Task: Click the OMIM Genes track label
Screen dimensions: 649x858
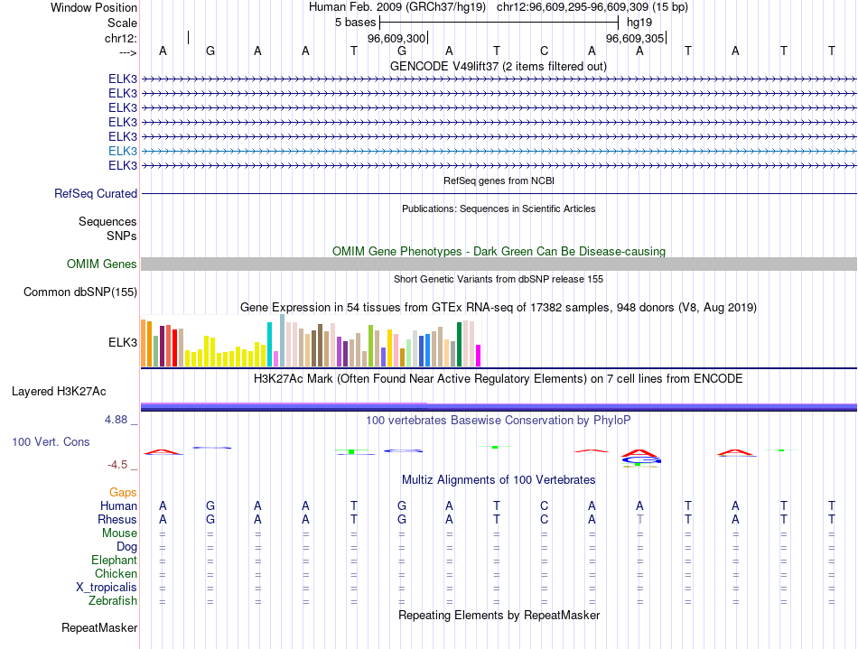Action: click(101, 264)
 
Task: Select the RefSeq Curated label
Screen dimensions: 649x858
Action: click(96, 193)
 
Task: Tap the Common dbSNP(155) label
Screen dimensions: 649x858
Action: click(80, 292)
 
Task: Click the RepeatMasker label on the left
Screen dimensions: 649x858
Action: click(99, 627)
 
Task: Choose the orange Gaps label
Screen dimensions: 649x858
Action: click(123, 492)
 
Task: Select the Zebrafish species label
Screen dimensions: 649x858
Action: click(113, 600)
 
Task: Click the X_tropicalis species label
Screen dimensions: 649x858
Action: click(107, 587)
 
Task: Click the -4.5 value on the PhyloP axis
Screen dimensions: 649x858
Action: click(118, 465)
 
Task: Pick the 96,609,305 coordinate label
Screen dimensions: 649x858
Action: click(635, 39)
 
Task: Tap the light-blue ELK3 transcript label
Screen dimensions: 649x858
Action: click(123, 151)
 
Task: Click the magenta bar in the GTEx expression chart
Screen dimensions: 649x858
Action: click(479, 355)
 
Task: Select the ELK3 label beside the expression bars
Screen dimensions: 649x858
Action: click(123, 342)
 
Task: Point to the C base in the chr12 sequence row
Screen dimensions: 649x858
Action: click(544, 51)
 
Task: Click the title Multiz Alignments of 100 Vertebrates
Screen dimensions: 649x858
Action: click(499, 479)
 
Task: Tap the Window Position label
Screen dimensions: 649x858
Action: click(94, 7)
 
